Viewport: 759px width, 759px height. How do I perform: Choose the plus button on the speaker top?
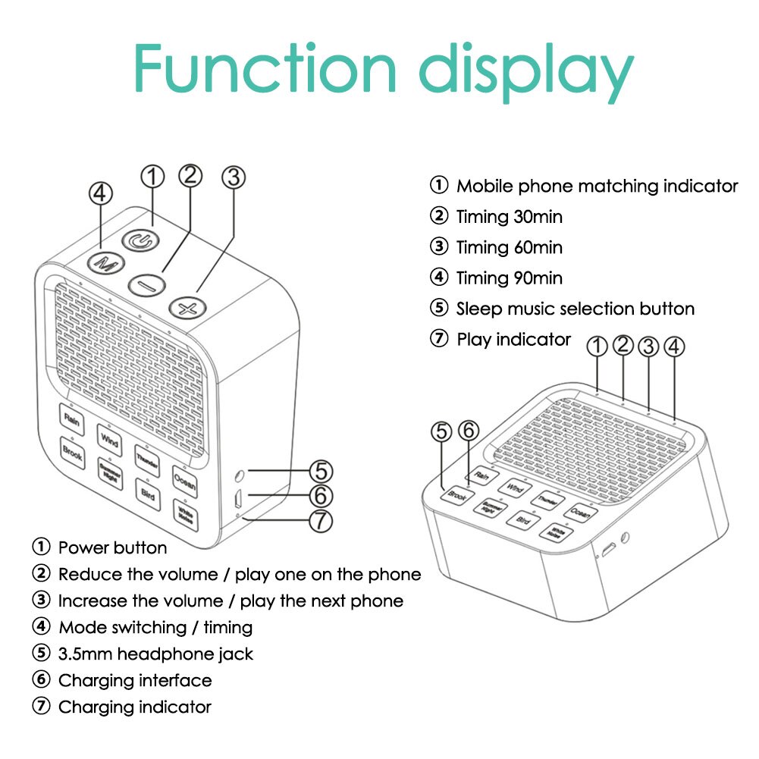pos(188,307)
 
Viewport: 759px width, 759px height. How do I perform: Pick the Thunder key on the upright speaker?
pos(146,457)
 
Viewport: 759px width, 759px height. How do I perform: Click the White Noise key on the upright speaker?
pos(184,512)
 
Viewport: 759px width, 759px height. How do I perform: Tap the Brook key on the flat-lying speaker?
pos(457,495)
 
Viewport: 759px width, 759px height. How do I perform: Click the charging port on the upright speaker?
pos(238,500)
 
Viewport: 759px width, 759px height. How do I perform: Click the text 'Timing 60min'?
pos(509,247)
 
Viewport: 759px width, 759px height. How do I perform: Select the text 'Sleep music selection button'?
pos(575,309)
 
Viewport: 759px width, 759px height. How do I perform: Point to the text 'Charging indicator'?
pos(134,707)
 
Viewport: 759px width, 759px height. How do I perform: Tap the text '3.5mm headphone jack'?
pos(155,654)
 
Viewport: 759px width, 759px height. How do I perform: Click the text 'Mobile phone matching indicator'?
pos(597,186)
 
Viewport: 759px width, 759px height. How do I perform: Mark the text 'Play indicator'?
pos(513,339)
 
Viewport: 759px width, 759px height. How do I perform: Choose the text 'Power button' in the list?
pos(112,547)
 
